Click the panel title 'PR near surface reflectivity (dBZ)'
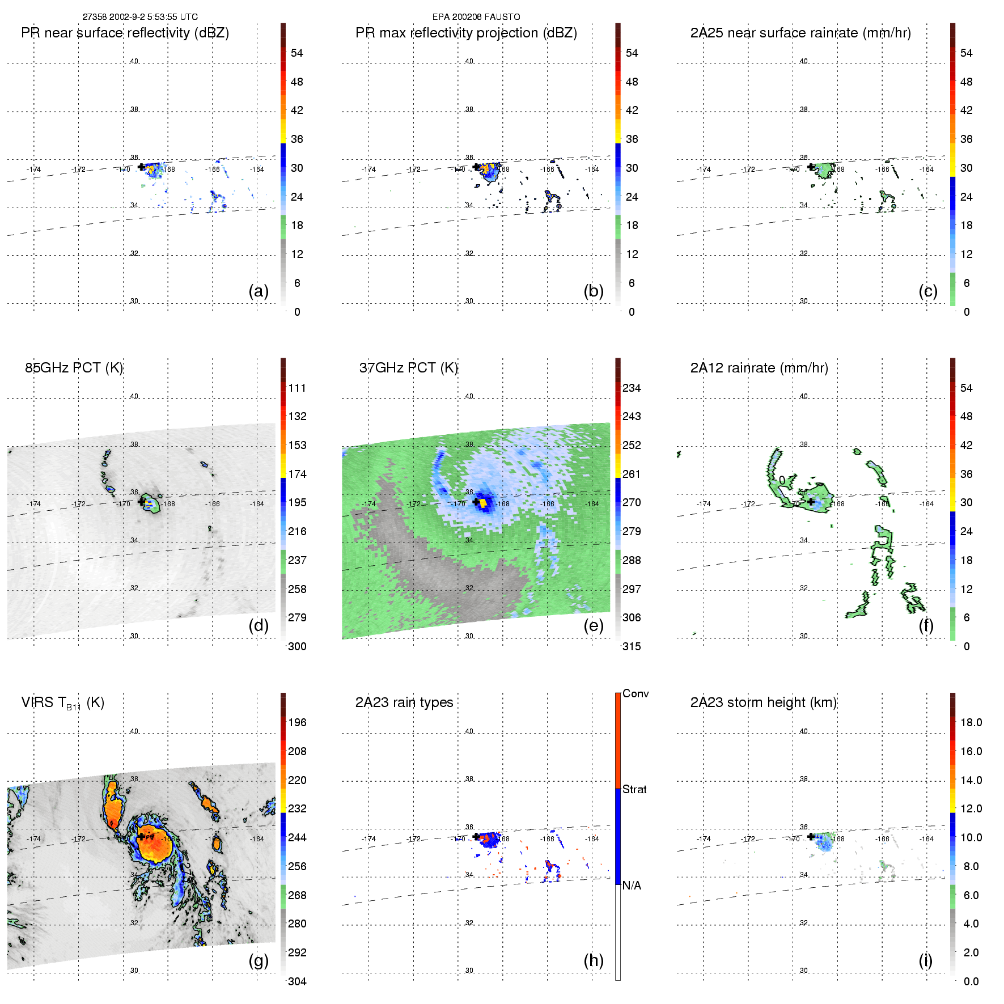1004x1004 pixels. (x=125, y=33)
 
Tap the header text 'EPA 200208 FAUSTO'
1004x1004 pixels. (x=476, y=17)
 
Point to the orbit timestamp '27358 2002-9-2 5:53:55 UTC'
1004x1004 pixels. (x=140, y=17)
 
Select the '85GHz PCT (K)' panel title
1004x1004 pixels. (x=74, y=368)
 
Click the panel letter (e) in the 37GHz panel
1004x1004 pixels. (x=594, y=625)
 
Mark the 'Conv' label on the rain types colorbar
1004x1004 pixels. (x=636, y=693)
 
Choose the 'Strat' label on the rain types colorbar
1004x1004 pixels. (x=634, y=789)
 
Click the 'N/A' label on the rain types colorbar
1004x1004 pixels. (x=632, y=886)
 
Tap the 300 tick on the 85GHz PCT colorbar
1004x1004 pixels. (x=297, y=646)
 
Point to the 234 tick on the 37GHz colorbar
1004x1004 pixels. (x=632, y=388)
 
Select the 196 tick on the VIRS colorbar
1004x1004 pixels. (x=297, y=722)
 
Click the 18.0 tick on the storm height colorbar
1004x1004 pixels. (x=971, y=722)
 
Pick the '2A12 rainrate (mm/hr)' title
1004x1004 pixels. (x=759, y=368)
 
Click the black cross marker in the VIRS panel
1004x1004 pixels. (x=141, y=836)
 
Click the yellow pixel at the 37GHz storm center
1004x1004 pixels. (x=482, y=502)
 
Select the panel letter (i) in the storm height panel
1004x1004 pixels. (x=925, y=960)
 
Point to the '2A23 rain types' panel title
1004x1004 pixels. (x=404, y=702)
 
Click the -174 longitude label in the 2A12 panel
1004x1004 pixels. (x=704, y=503)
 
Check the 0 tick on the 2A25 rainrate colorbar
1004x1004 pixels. (x=967, y=312)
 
